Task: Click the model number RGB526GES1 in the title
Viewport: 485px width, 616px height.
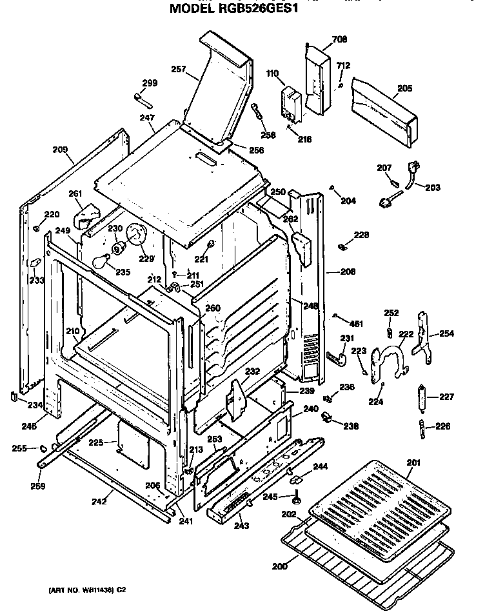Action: tap(261, 10)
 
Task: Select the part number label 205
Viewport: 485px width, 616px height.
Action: tap(404, 88)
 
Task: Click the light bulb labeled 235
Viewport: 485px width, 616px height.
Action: tap(101, 262)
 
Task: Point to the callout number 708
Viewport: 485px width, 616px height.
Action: tap(339, 39)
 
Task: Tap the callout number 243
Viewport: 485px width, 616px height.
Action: tap(241, 526)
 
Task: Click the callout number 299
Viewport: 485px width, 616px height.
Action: tap(150, 83)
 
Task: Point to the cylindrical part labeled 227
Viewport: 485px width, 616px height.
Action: tap(423, 398)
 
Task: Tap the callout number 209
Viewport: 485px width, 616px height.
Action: tap(60, 150)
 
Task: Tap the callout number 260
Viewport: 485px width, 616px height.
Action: tap(213, 308)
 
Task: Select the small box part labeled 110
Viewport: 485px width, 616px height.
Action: tap(292, 104)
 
